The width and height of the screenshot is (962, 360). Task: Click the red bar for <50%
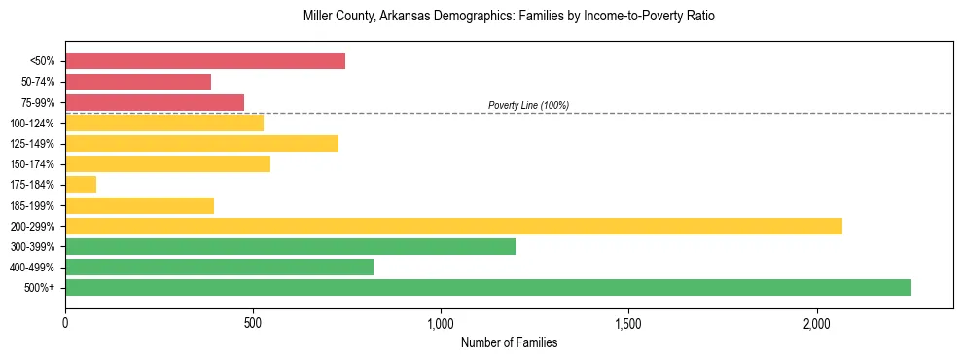pyautogui.click(x=205, y=61)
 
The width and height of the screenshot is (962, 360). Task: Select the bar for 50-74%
pyautogui.click(x=138, y=82)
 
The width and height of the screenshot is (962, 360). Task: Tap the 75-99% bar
pyautogui.click(x=155, y=102)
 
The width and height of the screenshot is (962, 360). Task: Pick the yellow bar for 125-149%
pyautogui.click(x=201, y=143)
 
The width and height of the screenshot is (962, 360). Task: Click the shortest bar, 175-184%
pyautogui.click(x=81, y=184)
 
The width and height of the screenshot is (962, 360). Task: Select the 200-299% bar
pyautogui.click(x=453, y=226)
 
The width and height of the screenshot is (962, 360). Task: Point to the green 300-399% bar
pyautogui.click(x=290, y=246)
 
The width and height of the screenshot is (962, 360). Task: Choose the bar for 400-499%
pyautogui.click(x=219, y=267)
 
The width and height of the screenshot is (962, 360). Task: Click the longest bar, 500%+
pyautogui.click(x=488, y=287)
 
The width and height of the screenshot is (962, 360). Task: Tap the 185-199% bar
pyautogui.click(x=139, y=205)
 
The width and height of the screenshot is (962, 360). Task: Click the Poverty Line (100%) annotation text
pyautogui.click(x=528, y=105)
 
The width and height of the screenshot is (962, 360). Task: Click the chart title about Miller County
pyautogui.click(x=509, y=17)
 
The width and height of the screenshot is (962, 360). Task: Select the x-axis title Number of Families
pyautogui.click(x=509, y=342)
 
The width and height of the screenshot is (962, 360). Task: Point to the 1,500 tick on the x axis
pyautogui.click(x=628, y=322)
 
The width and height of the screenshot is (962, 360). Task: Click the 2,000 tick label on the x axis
pyautogui.click(x=816, y=322)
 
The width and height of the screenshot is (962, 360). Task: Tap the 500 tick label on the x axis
pyautogui.click(x=253, y=322)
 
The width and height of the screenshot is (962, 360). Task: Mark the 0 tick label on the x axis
pyautogui.click(x=65, y=322)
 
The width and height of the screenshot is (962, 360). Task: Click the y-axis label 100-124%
pyautogui.click(x=32, y=123)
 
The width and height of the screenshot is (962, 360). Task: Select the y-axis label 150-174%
pyautogui.click(x=32, y=163)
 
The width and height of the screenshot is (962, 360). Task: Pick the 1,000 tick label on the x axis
pyautogui.click(x=441, y=322)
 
